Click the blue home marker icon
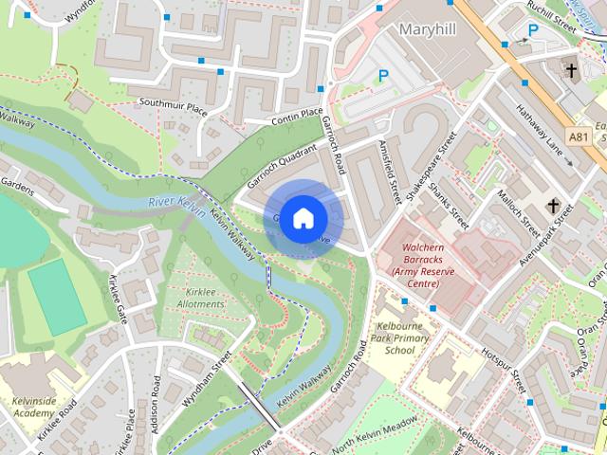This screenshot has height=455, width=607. tap(303, 218)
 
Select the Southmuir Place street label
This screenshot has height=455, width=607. tap(172, 106)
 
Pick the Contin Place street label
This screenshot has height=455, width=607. tap(297, 116)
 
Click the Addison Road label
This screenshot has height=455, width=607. tap(156, 417)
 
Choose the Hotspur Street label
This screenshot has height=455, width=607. tap(503, 371)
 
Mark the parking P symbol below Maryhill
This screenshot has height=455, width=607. tap(384, 76)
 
